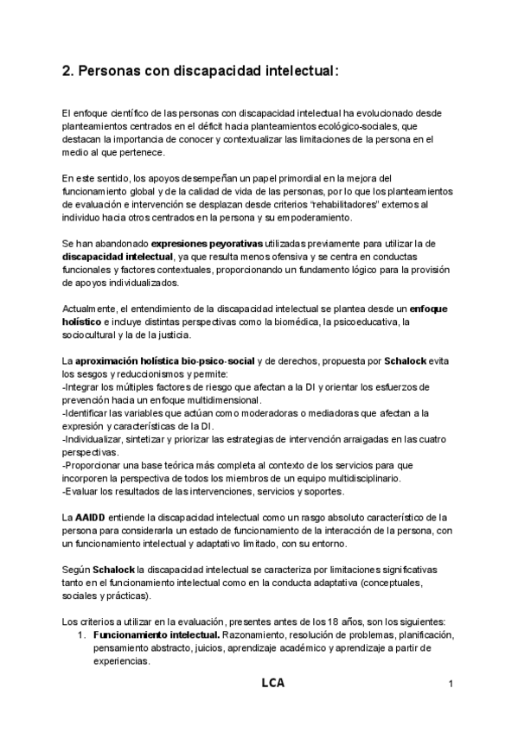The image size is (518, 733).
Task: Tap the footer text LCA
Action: tap(272, 684)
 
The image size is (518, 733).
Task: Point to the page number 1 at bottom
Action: tap(451, 685)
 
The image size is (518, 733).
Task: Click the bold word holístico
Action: tap(84, 322)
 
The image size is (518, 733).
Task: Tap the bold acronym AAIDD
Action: tap(89, 517)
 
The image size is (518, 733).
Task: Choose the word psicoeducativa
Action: tap(362, 322)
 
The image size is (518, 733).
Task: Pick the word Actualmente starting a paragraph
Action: tap(90, 309)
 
